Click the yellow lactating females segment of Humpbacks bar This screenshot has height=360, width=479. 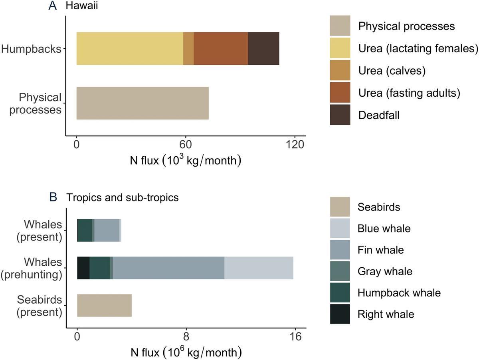pos(130,48)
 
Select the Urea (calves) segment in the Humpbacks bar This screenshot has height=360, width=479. pos(188,48)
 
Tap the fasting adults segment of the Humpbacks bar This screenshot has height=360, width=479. pos(221,48)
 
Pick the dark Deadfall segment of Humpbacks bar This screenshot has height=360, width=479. pos(263,48)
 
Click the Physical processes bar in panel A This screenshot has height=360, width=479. pos(143,103)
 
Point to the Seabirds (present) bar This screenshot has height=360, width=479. pos(104,305)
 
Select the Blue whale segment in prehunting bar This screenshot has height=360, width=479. pos(259,268)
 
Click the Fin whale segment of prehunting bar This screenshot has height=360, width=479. pos(168,268)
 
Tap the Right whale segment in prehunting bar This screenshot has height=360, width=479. pos(83,268)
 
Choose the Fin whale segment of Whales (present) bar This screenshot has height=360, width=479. pos(107,230)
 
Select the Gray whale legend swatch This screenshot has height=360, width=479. pos(340,272)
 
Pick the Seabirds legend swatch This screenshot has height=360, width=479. pos(340,207)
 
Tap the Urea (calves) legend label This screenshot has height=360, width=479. pos(392,71)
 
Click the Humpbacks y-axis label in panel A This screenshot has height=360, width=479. pos(31,49)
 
